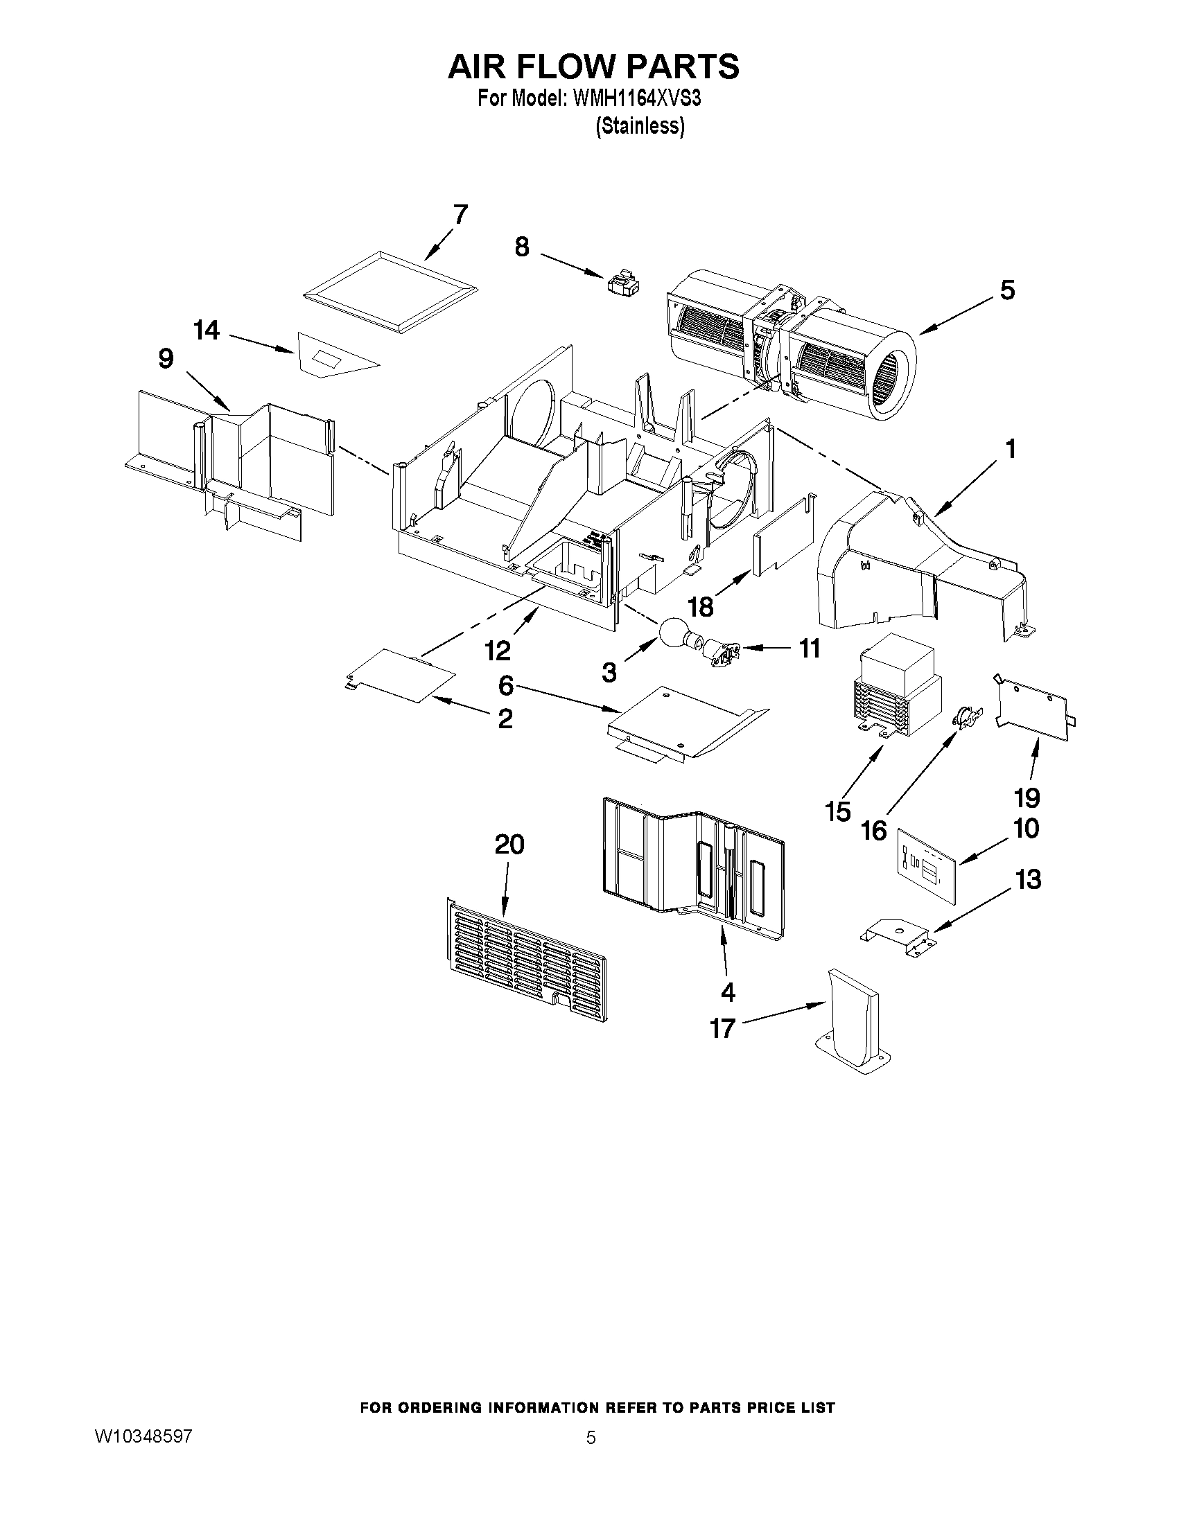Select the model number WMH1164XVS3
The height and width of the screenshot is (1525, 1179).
point(636,99)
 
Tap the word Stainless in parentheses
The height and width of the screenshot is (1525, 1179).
point(639,126)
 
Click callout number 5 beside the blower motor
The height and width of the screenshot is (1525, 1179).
point(1006,290)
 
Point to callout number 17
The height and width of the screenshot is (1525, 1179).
point(723,1028)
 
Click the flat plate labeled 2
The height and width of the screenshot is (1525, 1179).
point(401,675)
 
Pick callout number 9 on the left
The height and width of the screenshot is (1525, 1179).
point(166,359)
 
